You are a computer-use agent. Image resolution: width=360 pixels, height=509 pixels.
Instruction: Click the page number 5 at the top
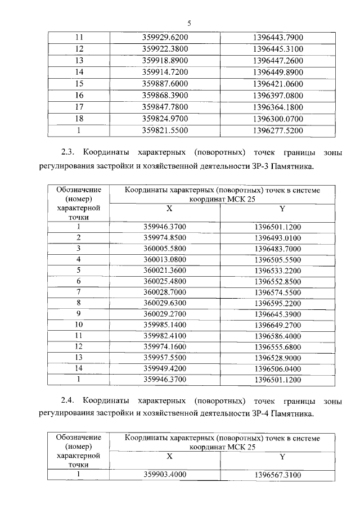coord(189,23)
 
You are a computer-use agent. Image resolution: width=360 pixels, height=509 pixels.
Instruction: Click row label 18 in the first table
coord(79,119)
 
